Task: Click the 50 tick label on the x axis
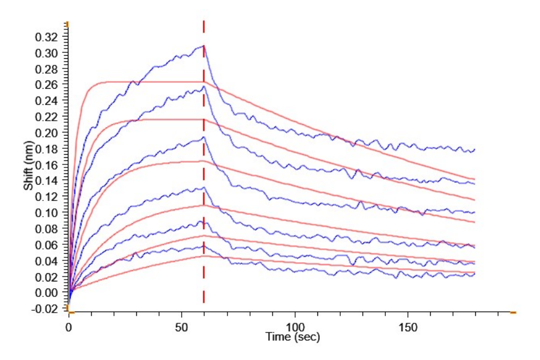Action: point(182,328)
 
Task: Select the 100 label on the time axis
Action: point(295,328)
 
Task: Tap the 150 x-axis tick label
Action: point(408,328)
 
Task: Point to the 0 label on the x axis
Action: point(68,328)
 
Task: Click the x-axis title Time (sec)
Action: point(293,338)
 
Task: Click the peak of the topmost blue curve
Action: point(204,46)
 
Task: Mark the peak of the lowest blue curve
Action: point(204,245)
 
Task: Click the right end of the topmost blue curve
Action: point(475,149)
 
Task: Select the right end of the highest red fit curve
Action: point(475,179)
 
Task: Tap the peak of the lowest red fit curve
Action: point(204,256)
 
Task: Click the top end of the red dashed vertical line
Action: point(204,22)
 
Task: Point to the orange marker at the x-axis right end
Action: point(513,313)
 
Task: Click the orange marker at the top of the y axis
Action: point(68,23)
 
